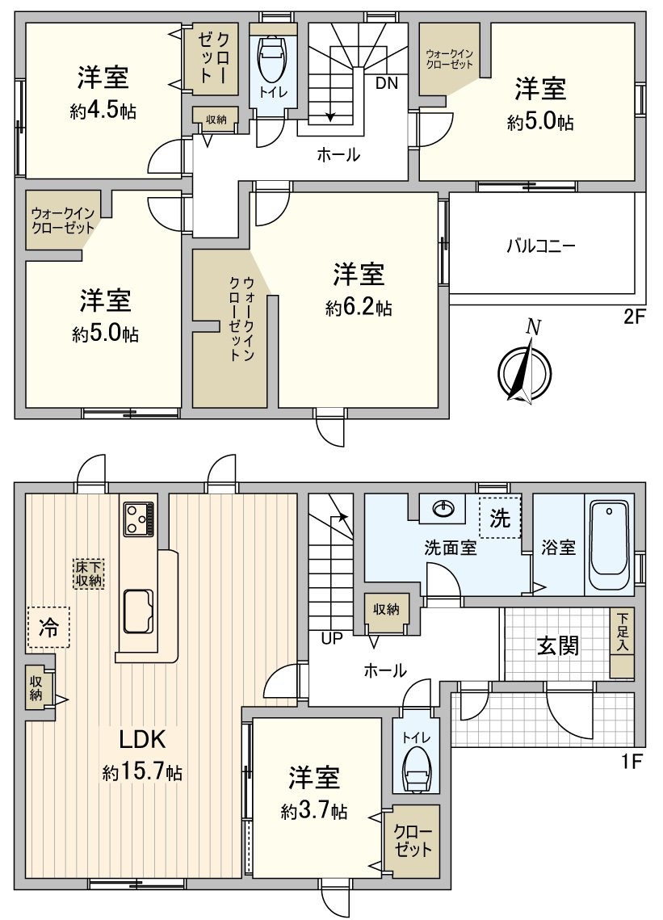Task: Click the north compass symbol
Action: (526, 369)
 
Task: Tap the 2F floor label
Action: (635, 317)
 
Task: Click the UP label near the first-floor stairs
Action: (332, 639)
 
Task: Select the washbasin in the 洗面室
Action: (444, 509)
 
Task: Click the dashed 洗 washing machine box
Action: (501, 519)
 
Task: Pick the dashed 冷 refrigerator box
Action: (48, 628)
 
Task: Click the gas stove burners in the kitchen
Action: (138, 518)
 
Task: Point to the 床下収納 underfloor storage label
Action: (89, 573)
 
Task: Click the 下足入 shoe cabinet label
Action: (622, 632)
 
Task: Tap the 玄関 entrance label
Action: (558, 645)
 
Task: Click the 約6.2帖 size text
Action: (359, 308)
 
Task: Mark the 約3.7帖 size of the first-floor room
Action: (314, 812)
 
